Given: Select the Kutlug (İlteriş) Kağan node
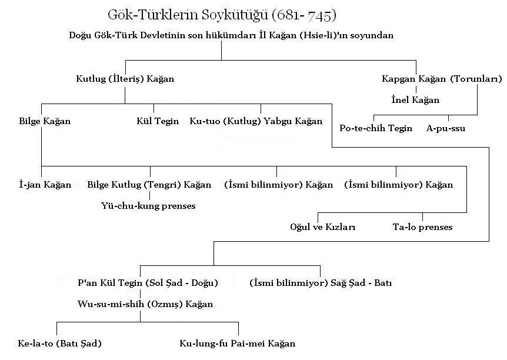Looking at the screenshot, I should click(x=125, y=78).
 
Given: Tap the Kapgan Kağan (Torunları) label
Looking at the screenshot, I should click(x=441, y=78).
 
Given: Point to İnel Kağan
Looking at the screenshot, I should click(x=415, y=99).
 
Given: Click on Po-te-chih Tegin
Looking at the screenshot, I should click(x=376, y=128).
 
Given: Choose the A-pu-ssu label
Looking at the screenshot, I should click(x=446, y=128).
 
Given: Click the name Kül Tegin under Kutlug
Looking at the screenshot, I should click(x=158, y=121).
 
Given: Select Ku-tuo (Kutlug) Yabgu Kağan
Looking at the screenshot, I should click(x=256, y=121).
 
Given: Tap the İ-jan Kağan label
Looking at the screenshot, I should click(x=45, y=185).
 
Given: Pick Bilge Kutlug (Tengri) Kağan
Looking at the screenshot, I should click(x=149, y=185).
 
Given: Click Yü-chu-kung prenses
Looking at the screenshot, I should click(x=148, y=206).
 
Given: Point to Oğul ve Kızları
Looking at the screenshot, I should click(x=323, y=227).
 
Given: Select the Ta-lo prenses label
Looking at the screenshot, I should click(x=423, y=227).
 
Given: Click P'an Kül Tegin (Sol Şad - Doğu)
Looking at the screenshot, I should click(x=148, y=283).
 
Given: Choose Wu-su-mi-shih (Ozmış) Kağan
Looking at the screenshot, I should click(x=145, y=304).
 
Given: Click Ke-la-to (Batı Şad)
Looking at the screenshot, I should click(x=55, y=343).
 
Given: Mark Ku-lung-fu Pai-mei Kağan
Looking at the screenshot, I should click(x=238, y=343).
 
